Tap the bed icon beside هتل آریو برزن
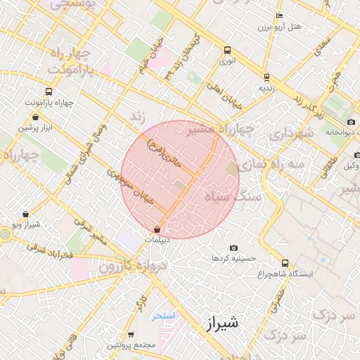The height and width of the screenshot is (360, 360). coord(280,15)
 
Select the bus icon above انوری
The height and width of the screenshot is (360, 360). coord(226,50)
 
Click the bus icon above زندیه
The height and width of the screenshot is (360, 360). coord(266,77)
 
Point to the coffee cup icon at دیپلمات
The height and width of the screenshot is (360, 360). coord(157,229)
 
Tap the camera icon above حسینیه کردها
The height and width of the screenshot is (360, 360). coord(233,248)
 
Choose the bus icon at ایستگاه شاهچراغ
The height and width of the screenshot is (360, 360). coord(284,262)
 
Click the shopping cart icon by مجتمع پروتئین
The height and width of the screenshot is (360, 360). coord(131,335)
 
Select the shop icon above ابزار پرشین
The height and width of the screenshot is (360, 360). coord(35,117)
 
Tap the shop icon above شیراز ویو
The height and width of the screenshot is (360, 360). coord(26,214)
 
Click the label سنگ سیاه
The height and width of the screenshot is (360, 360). coord(232,197)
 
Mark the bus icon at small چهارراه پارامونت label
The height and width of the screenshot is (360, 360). coord(48,91)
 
